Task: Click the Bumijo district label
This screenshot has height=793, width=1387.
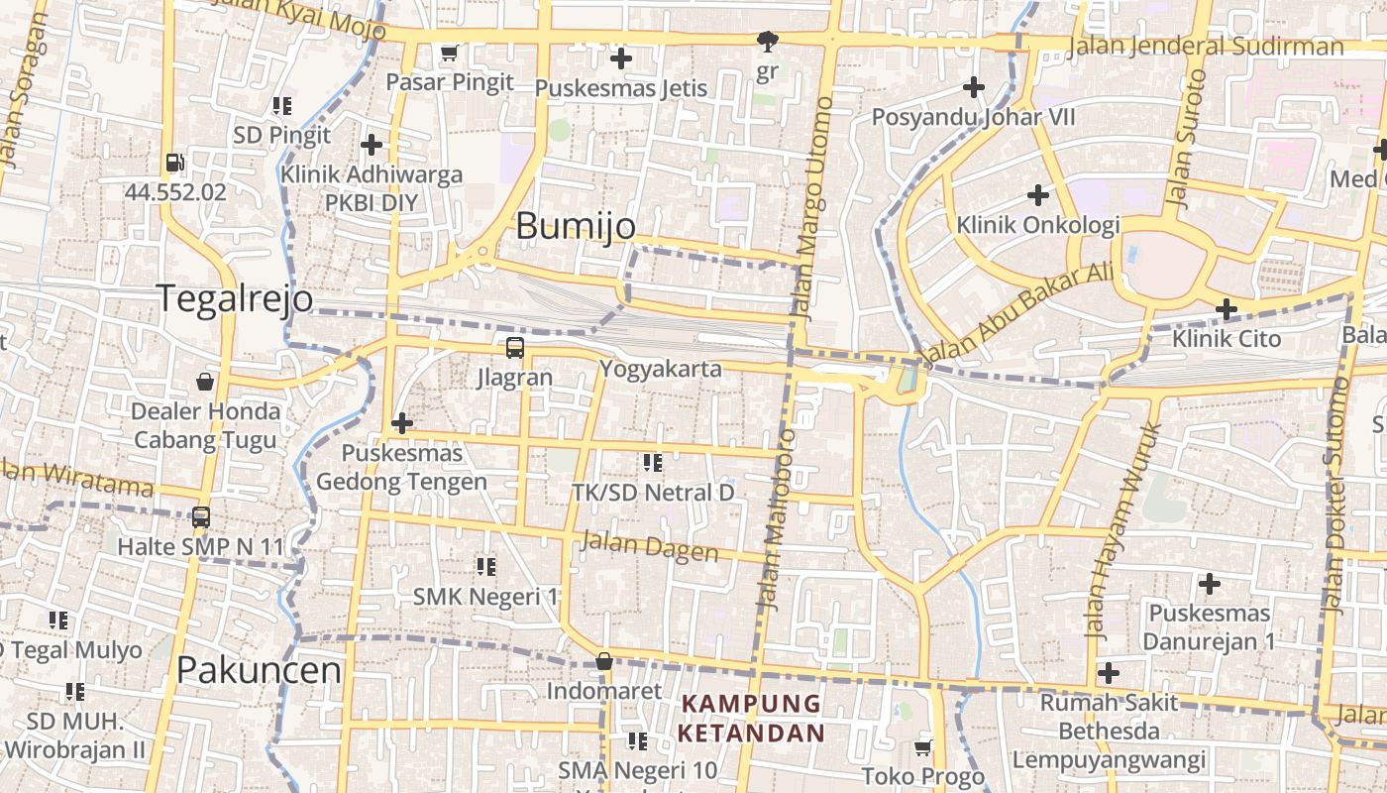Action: [x=576, y=226]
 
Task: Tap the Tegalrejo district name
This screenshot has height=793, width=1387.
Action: [x=235, y=298]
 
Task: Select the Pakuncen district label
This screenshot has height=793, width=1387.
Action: [x=259, y=671]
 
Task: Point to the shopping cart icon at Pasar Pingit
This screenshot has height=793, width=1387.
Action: [x=449, y=53]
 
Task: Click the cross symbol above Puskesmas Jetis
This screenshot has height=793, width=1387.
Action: [x=621, y=58]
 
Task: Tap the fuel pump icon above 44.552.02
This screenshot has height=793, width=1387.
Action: [x=174, y=163]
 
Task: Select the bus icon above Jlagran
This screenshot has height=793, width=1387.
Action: [x=514, y=348]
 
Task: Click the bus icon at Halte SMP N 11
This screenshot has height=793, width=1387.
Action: [x=201, y=516]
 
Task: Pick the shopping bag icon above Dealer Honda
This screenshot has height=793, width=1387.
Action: [x=205, y=382]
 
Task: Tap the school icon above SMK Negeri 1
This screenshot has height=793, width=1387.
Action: [x=485, y=567]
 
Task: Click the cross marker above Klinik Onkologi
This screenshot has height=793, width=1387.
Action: [x=1037, y=194]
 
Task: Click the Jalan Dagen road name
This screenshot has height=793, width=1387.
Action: [x=649, y=545]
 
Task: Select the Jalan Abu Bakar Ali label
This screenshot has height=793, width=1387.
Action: [x=1016, y=312]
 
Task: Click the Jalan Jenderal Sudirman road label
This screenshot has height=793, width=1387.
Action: [x=1206, y=47]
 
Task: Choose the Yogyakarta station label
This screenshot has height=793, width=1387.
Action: [x=660, y=369]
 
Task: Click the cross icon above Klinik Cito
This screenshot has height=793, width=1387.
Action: [x=1227, y=309]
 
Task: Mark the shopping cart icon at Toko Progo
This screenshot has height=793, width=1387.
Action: [x=923, y=746]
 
